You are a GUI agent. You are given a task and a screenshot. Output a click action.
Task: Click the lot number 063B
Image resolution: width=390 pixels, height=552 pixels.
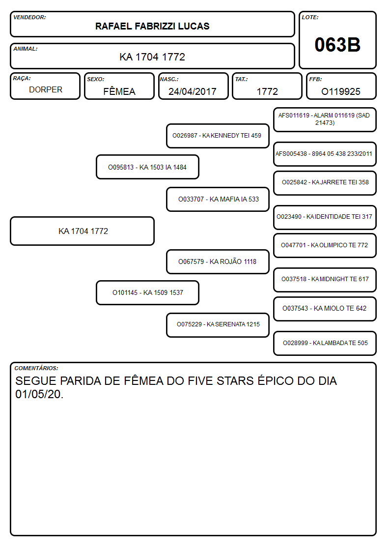pos(337,45)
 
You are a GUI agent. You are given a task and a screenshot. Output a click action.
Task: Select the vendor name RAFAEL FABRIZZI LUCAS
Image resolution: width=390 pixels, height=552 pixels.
pos(152,26)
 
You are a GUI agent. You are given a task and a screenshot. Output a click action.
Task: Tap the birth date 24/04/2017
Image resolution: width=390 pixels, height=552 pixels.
pos(193,91)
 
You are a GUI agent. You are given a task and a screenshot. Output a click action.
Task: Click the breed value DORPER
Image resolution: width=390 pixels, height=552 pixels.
pos(46,90)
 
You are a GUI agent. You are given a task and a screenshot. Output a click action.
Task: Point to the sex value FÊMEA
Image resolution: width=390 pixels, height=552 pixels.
pos(119,91)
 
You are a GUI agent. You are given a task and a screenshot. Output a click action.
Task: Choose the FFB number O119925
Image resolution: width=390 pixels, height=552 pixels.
pos(341,91)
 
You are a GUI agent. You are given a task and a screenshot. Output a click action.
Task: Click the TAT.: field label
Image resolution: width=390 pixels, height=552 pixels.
pos(241,79)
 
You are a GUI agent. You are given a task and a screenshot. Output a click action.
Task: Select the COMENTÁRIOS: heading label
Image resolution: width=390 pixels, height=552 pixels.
pos(36,368)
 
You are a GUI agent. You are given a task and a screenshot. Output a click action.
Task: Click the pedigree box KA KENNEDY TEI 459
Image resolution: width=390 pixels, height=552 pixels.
pos(218,136)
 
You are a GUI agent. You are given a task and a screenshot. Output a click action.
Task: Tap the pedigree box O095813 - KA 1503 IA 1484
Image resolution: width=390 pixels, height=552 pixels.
pos(147,167)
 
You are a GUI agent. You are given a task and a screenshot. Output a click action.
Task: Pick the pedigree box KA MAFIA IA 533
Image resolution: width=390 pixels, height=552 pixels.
pos(218,199)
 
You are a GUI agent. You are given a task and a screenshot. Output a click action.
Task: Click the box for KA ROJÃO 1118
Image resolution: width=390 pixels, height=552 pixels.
pos(218,261)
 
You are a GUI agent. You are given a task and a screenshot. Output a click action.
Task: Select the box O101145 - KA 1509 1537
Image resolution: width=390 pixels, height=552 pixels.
pos(147,292)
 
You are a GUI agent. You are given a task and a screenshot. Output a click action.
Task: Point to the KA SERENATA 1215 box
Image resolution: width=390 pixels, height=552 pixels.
pos(218,324)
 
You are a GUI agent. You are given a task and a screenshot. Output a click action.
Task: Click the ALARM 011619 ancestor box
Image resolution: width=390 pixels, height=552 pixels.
pos(325,120)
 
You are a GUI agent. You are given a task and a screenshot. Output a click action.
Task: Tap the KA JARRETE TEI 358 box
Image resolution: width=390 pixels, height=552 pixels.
pos(325,183)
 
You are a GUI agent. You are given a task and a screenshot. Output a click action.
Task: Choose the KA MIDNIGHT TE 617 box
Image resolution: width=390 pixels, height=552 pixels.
pos(325,280)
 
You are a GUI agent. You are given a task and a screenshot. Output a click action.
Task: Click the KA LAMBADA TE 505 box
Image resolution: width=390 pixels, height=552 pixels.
pos(325,343)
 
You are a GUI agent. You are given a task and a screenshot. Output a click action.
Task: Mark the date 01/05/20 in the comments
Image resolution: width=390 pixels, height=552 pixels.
pos(39,394)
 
